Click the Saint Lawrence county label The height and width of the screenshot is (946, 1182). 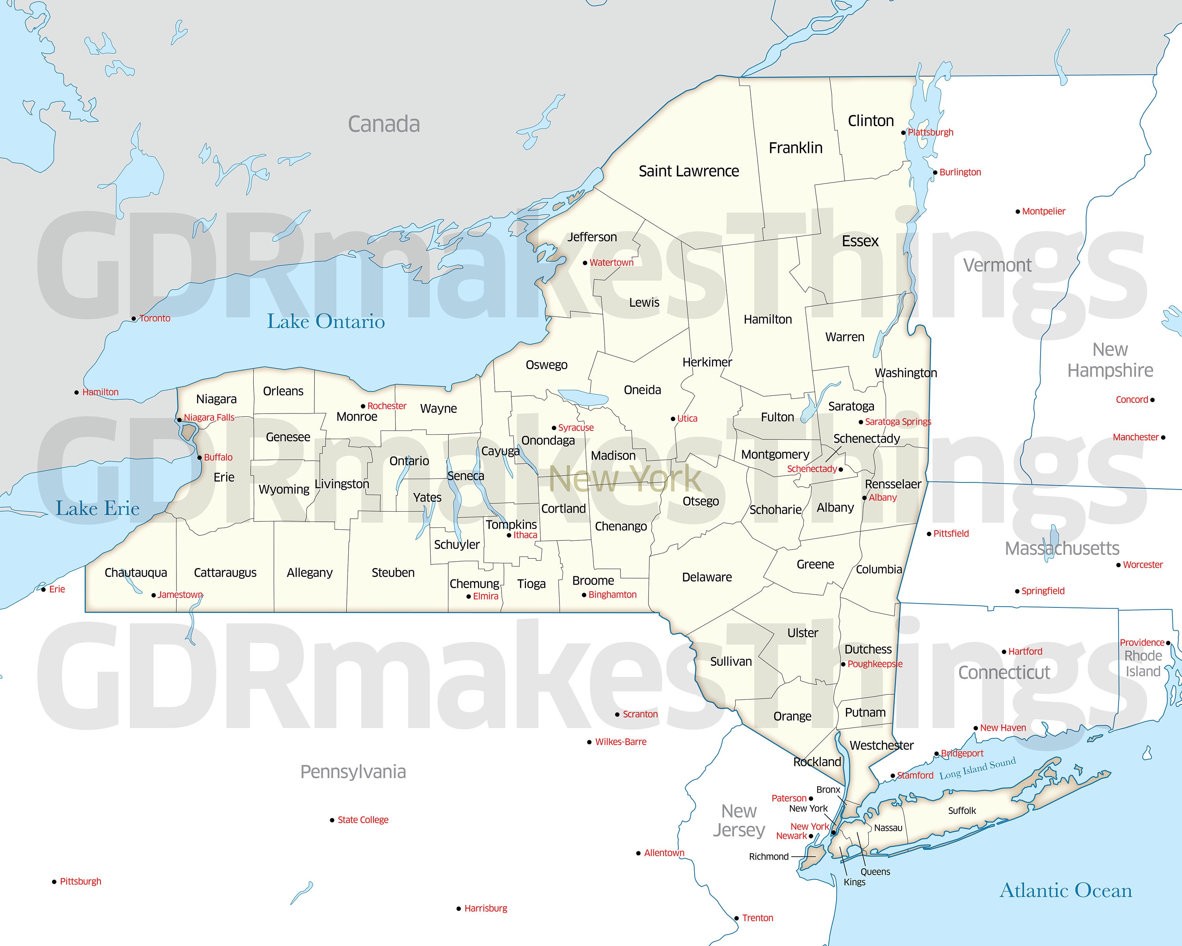(x=689, y=171)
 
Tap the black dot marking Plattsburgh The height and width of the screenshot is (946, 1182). (x=903, y=132)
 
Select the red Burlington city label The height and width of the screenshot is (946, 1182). (x=960, y=172)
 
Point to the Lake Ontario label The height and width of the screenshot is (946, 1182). (x=326, y=321)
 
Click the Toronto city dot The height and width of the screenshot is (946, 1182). (x=134, y=318)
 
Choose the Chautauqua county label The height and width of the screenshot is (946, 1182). (x=136, y=573)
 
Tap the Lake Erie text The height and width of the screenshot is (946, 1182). (x=98, y=508)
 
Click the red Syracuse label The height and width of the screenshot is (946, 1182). (x=576, y=428)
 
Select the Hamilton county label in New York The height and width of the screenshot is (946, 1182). (x=768, y=319)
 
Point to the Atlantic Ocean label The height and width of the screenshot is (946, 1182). (x=1066, y=890)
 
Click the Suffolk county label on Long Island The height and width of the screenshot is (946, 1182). (x=962, y=810)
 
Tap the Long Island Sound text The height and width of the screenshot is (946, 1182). (x=978, y=768)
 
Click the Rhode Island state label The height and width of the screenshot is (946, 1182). (x=1143, y=663)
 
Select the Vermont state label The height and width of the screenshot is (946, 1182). (x=997, y=265)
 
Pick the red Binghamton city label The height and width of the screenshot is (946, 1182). (x=612, y=594)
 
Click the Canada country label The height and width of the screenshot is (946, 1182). (x=384, y=125)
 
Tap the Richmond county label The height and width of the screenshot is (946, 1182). (x=769, y=857)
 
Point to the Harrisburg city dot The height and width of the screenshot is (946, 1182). (x=458, y=909)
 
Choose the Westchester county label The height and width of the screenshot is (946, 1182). (x=881, y=745)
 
